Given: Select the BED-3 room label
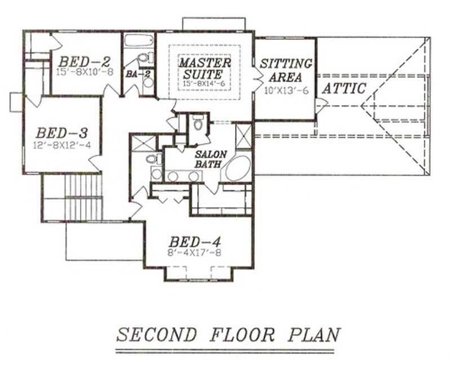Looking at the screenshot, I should [x=61, y=133].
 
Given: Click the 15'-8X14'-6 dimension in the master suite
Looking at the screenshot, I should [x=205, y=83].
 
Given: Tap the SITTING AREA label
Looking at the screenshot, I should [x=286, y=70].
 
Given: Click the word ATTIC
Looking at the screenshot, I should [x=344, y=88].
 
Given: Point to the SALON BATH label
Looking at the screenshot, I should [x=210, y=159].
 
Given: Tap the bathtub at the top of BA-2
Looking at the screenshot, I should [x=138, y=42].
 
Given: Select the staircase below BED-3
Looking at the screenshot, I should [x=82, y=197].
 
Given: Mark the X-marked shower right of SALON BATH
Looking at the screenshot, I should [x=244, y=136].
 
